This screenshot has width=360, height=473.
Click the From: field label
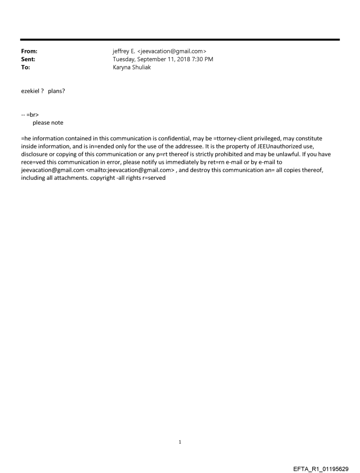29,51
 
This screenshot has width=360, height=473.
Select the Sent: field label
28,59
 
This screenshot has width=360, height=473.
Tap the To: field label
26,67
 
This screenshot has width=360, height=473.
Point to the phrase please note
48,123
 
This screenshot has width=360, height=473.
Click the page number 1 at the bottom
180,442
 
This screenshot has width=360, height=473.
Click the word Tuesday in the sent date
125,59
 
